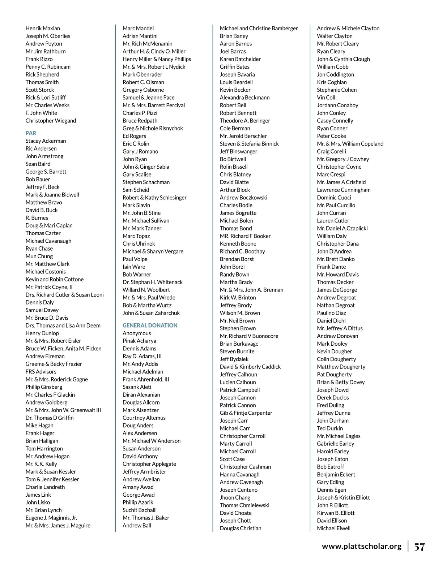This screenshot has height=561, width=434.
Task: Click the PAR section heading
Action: tap(31, 133)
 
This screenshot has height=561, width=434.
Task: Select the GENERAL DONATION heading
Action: tap(150, 325)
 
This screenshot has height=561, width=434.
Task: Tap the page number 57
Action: tap(419, 547)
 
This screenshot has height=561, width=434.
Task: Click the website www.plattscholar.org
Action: tap(361, 546)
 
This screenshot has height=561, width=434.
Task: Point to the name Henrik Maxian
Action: tap(43, 29)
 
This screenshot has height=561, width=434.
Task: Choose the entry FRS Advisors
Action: tap(41, 372)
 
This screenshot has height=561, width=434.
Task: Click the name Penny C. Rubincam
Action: tap(48, 67)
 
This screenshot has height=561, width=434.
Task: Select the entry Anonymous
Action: tap(137, 333)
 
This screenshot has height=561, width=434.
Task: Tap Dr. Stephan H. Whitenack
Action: tap(152, 282)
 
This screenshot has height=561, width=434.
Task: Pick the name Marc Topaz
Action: tap(136, 236)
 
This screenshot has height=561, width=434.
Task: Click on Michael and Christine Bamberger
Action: tap(259, 29)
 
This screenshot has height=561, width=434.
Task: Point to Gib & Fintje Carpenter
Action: tap(246, 413)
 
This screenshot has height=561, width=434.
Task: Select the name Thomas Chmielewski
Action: tap(244, 505)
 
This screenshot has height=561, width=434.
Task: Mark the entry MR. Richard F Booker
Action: tap(245, 236)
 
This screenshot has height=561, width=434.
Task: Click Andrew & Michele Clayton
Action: tap(348, 29)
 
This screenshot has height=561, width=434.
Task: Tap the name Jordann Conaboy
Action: tap(337, 105)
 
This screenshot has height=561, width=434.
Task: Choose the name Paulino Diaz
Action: tap(331, 313)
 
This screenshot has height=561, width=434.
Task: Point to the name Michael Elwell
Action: tap(333, 528)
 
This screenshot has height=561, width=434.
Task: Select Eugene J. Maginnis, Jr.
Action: tap(51, 518)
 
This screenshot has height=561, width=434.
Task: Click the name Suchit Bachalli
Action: tap(139, 510)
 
